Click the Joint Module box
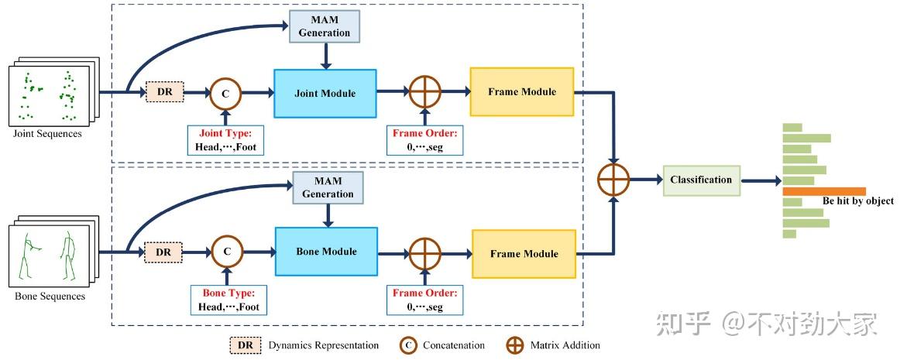coord(325,94)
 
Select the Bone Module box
coord(326,252)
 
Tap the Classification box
coord(701,180)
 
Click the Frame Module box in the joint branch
coord(521,92)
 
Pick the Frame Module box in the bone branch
coord(524,254)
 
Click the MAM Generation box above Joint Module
coord(325,27)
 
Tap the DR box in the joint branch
coord(164,92)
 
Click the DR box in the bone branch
coord(163,252)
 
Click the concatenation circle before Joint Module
coord(226,93)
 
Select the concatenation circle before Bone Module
coord(227,252)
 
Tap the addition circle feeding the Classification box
coord(614,180)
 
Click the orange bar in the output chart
coord(823,191)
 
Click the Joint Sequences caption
coord(47,133)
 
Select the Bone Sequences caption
coord(50,296)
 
